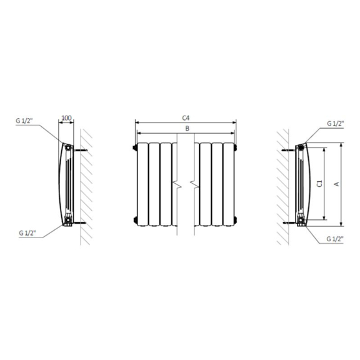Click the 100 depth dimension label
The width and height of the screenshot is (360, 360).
(67, 118)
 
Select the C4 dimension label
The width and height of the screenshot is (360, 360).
(186, 118)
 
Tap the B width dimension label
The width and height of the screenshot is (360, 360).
(187, 129)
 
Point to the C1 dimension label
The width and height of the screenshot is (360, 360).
(319, 184)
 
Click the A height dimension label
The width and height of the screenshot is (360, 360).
(337, 184)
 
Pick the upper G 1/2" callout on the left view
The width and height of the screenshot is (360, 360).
(24, 121)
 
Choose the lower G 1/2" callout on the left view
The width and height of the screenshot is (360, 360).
(27, 233)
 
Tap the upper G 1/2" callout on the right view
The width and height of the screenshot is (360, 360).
(335, 124)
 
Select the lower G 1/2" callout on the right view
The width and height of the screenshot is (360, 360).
(335, 239)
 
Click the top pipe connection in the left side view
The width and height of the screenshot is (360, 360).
(68, 147)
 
